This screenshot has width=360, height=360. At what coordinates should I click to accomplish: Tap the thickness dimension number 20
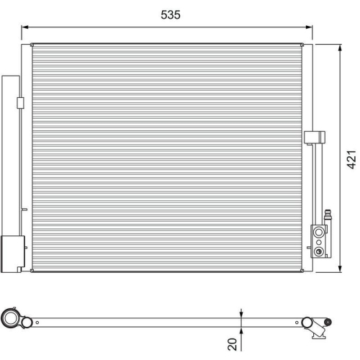[232, 344]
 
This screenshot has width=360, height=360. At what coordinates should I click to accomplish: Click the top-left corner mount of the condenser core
[32, 45]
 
